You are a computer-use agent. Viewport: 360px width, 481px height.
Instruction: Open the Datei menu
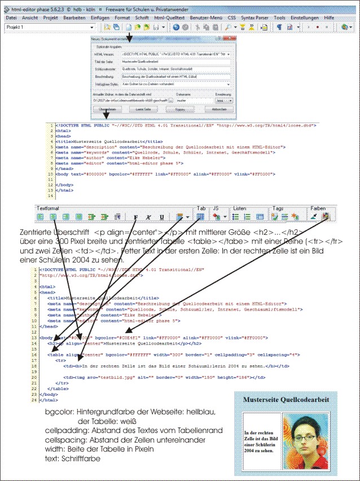pyautogui.click(x=11, y=18)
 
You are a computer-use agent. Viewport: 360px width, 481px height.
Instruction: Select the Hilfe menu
pyautogui.click(x=329, y=18)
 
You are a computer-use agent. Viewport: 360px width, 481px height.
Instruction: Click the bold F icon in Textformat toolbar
pyautogui.click(x=135, y=216)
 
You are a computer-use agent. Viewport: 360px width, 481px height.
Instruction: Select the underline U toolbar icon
pyautogui.click(x=162, y=216)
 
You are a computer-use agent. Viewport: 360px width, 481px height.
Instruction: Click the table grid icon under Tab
pyautogui.click(x=200, y=216)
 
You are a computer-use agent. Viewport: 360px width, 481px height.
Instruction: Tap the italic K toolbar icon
pyautogui.click(x=149, y=216)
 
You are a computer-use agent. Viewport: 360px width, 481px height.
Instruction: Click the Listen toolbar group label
pyautogui.click(x=240, y=208)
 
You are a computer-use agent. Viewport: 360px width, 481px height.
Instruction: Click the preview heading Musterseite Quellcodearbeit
pyautogui.click(x=286, y=399)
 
